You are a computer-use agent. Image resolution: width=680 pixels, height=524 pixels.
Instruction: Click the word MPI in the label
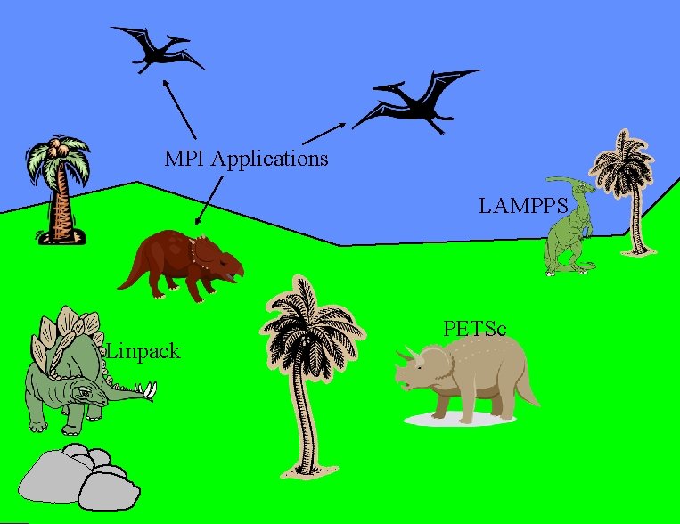pyautogui.click(x=184, y=160)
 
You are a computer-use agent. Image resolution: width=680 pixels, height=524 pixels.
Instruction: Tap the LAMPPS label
pyautogui.click(x=523, y=207)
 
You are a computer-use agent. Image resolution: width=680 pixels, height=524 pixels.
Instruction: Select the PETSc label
pyautogui.click(x=474, y=329)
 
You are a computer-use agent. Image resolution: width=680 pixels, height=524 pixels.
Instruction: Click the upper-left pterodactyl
pyautogui.click(x=155, y=48)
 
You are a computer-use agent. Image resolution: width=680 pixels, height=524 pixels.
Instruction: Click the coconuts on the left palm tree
pyautogui.click(x=57, y=148)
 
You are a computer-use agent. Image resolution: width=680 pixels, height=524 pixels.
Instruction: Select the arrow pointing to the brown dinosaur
pyautogui.click(x=210, y=199)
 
